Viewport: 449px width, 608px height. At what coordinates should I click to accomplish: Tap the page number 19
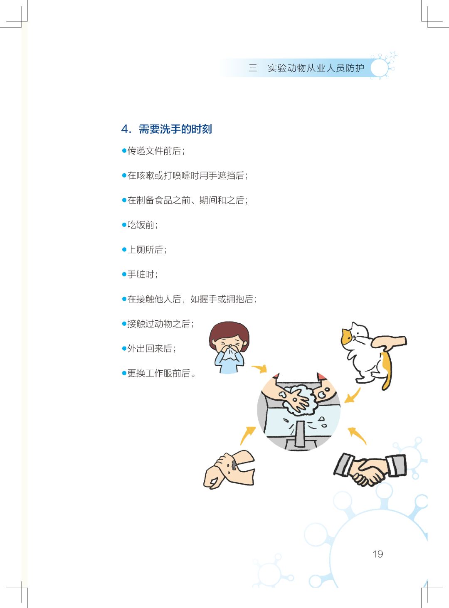[377, 554]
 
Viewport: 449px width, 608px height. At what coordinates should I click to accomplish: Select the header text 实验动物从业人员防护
[316, 68]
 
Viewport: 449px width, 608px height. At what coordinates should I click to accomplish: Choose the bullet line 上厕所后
[147, 250]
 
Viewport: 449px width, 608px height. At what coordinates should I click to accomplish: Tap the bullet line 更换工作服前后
[160, 373]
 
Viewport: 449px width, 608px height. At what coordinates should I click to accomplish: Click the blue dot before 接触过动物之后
[124, 324]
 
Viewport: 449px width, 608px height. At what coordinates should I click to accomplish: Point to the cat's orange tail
[387, 370]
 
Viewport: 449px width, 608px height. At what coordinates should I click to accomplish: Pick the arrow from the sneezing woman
[260, 369]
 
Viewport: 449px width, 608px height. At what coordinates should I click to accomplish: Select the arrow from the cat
[353, 396]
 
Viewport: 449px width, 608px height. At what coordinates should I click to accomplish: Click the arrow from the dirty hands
[248, 435]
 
